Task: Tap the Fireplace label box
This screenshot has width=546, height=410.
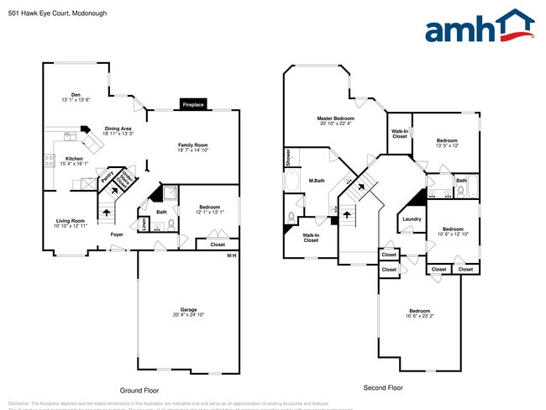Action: click(x=193, y=104)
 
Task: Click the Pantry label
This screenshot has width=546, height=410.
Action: click(x=107, y=177)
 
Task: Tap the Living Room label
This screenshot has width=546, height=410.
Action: click(x=70, y=221)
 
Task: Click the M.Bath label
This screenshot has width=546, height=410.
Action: click(x=317, y=181)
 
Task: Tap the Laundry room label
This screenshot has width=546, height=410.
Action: click(x=412, y=219)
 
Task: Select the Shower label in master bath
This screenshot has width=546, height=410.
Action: click(x=288, y=155)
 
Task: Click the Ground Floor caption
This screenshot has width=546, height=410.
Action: click(x=139, y=391)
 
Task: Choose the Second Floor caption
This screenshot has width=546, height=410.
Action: click(x=383, y=388)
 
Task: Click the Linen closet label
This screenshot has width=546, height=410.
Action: click(x=144, y=223)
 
